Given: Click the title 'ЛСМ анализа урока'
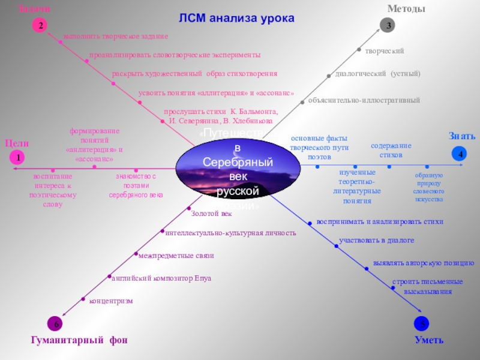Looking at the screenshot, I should pos(236,18).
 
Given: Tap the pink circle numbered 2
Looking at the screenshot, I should pos(40,26).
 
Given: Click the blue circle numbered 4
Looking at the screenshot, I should pos(460,154).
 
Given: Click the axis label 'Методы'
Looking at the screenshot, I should pos(406,9).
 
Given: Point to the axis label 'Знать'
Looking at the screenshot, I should pos(462,136).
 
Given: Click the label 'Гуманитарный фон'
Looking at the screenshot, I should pos(79,340).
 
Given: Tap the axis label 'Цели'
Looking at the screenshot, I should pos(17,143).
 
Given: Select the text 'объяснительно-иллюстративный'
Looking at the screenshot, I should pos(364,100).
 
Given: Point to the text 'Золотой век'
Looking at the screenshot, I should pos(211,213).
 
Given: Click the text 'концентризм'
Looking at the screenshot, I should pos(111,300).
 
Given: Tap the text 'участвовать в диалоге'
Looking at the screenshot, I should pos(377,241).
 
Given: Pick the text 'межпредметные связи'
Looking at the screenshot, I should pos(176,256).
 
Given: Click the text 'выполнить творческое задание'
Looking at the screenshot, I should pos(116,37).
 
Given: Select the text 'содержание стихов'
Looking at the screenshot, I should pos(391,150).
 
